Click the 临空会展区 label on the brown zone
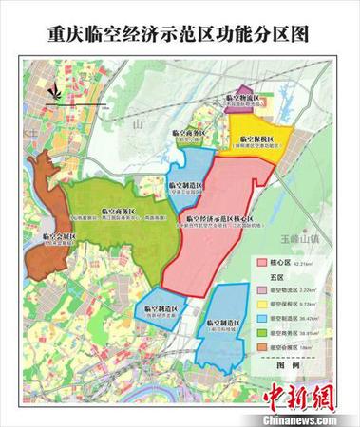click(x=59, y=238)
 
